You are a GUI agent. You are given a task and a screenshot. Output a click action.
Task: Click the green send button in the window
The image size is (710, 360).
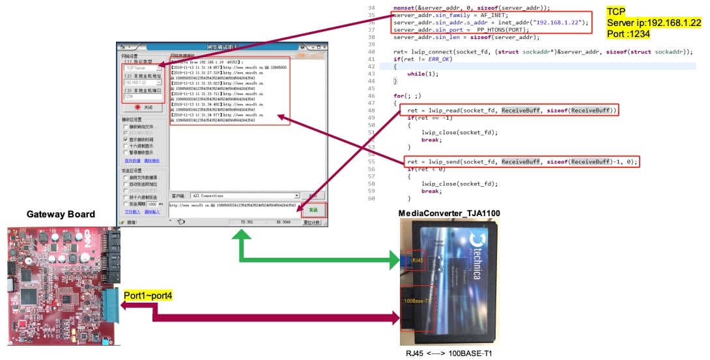click(x=314, y=210)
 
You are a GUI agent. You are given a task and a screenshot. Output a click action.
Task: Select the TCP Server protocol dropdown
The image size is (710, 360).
click(x=141, y=68)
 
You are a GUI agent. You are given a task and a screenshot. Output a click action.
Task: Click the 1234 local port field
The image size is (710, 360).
click(x=141, y=96)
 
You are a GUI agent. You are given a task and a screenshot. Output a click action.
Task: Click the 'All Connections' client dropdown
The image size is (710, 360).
click(x=245, y=195)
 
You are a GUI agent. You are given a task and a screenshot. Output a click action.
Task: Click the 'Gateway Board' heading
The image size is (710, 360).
click(x=61, y=214)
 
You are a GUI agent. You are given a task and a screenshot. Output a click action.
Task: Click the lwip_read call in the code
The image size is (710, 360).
click(x=444, y=110)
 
